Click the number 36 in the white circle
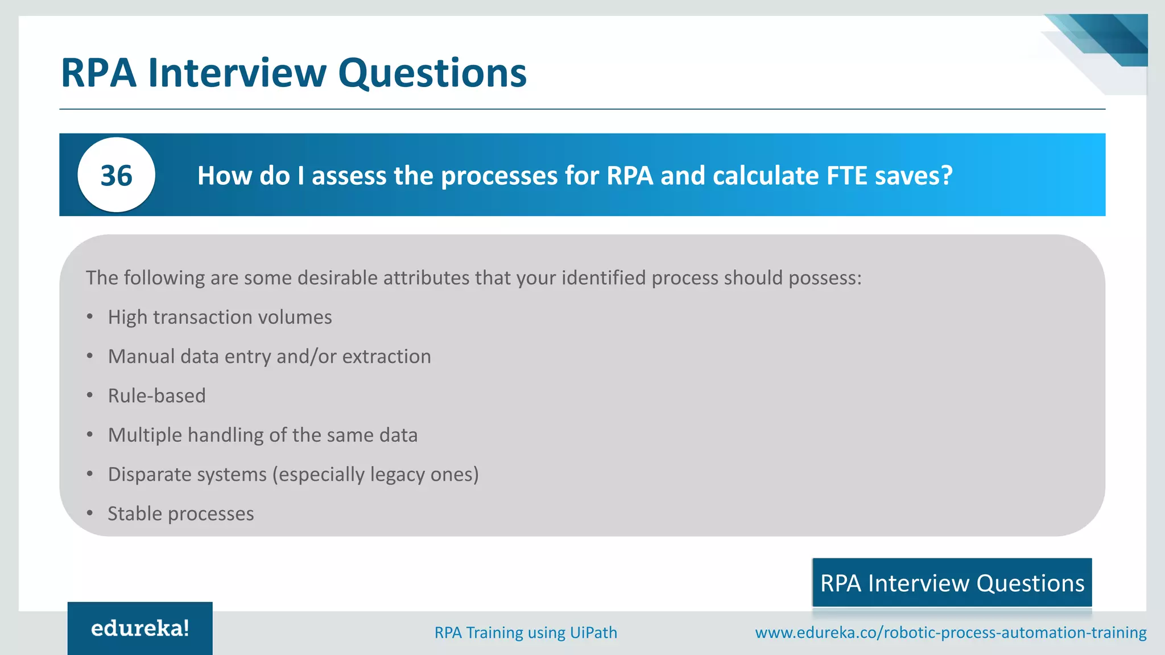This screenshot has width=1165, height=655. click(116, 175)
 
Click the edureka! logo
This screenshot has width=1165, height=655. click(140, 628)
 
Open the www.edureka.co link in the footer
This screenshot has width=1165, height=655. click(950, 632)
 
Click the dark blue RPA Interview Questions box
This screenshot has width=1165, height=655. click(952, 583)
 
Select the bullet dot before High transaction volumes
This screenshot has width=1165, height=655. click(90, 317)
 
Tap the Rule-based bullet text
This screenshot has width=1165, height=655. click(157, 396)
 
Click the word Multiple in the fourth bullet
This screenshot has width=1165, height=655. click(145, 435)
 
